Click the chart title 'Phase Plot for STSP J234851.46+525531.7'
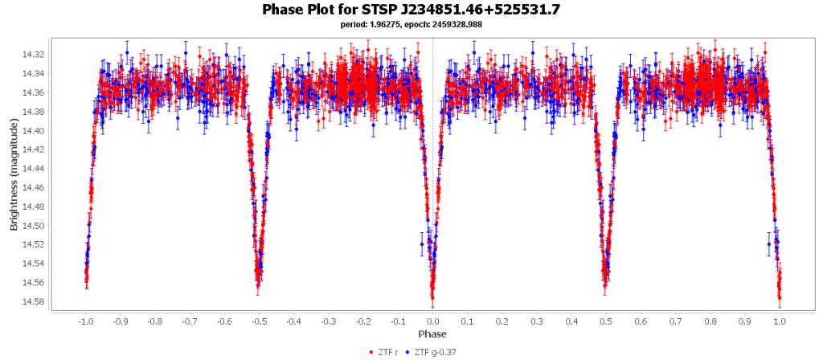(x=411, y=10)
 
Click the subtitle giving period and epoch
(x=411, y=24)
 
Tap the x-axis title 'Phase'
(x=432, y=333)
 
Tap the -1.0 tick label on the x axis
(x=85, y=321)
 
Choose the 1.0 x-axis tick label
(x=780, y=321)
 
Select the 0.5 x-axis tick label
(x=606, y=321)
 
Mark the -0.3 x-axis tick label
(x=328, y=321)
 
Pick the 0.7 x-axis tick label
(x=676, y=321)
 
